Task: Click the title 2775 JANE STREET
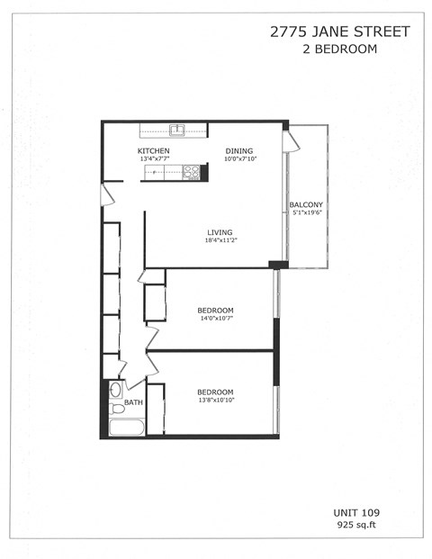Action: pos(339,32)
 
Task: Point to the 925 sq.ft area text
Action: pos(357,523)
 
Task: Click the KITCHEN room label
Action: pos(153,150)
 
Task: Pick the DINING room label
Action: pos(239,150)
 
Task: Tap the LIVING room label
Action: pos(220,231)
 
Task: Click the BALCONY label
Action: pos(306,205)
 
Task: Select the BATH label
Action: pos(133,402)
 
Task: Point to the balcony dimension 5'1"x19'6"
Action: pos(306,214)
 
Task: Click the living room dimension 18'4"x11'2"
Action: pos(220,240)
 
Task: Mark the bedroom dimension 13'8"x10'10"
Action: pos(215,401)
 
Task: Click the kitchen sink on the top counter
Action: pos(178,130)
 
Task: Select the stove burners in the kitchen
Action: pos(191,171)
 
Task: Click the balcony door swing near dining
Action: pos(290,142)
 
